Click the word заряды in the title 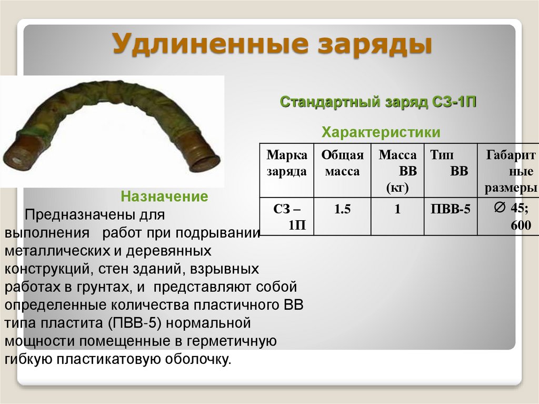coord(377,44)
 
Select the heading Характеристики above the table coord(381,131)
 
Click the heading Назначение coord(165,197)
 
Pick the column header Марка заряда coord(286,163)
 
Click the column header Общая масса coord(342,163)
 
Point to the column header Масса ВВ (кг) coord(397,171)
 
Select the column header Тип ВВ coord(450,163)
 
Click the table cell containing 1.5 coord(342,209)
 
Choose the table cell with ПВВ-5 coord(450,209)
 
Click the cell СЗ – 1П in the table coord(286,217)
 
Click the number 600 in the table coord(521,225)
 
